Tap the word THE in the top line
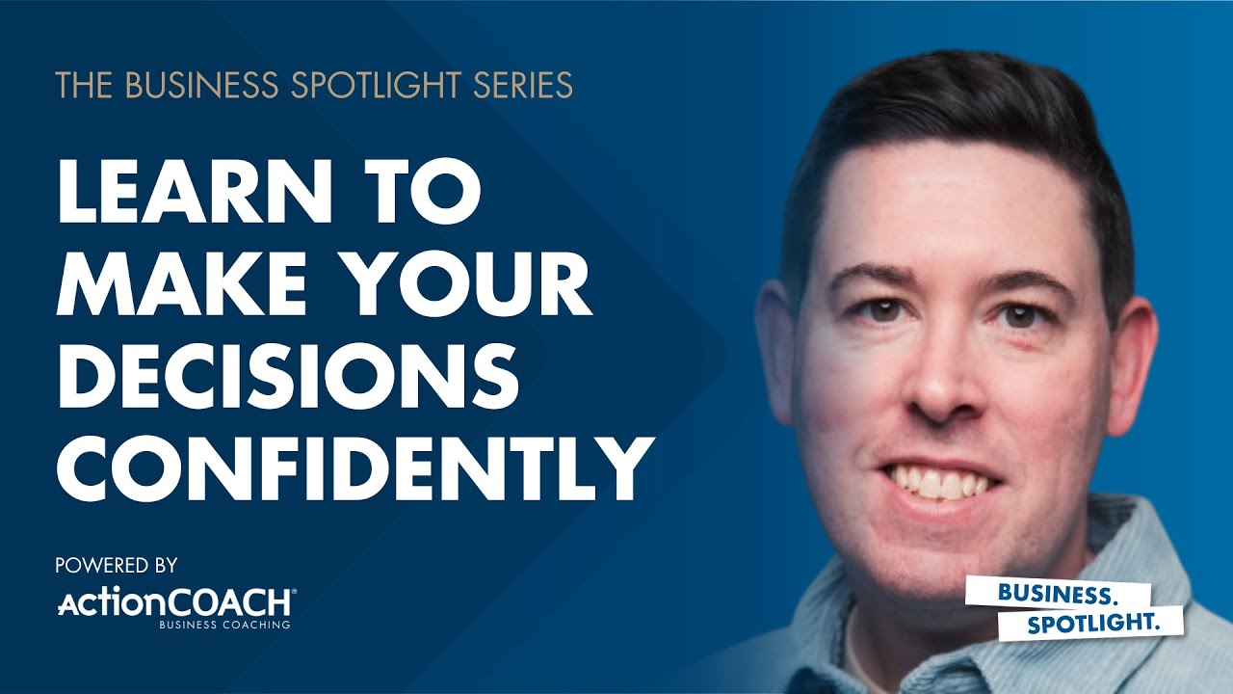[81, 86]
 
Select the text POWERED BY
[117, 564]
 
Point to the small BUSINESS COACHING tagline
[225, 626]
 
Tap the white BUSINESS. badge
[1036, 592]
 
